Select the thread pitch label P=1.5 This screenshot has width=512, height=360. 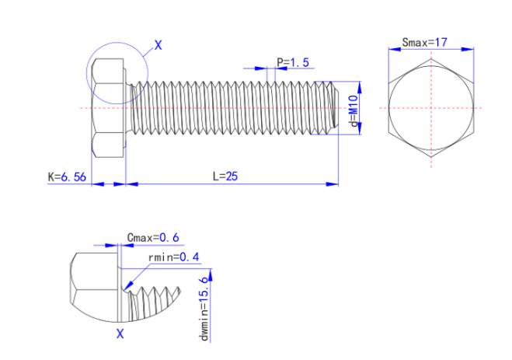click(292, 61)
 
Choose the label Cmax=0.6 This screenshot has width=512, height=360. click(152, 237)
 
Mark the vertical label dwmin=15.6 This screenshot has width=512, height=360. click(205, 308)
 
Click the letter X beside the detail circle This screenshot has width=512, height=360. click(158, 45)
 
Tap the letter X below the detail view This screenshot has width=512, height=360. click(120, 334)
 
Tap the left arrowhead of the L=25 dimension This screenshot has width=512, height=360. click(130, 184)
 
